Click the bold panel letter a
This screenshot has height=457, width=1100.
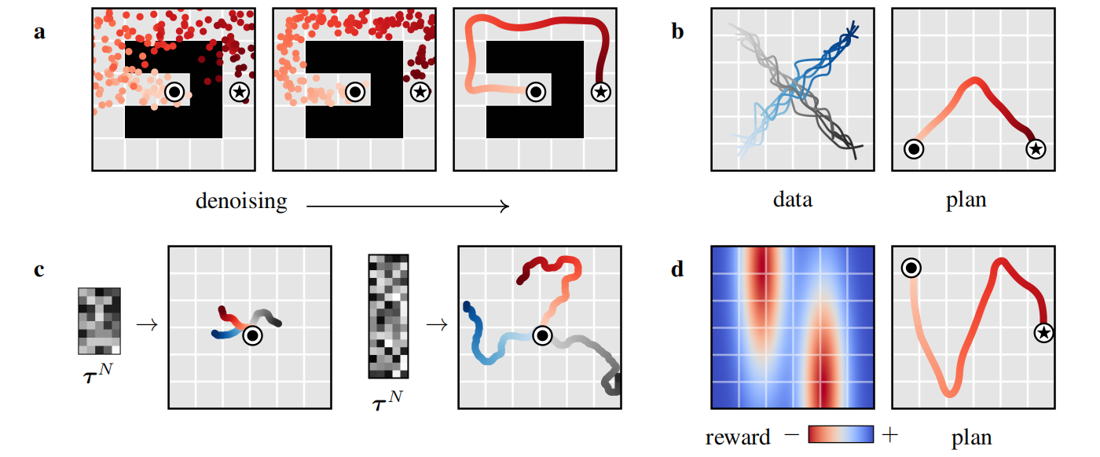pyautogui.click(x=39, y=32)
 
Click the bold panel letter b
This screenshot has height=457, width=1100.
pyautogui.click(x=677, y=31)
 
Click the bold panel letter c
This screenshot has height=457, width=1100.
pyautogui.click(x=39, y=270)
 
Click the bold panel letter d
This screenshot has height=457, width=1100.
pyautogui.click(x=677, y=269)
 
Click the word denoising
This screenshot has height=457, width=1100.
pyautogui.click(x=242, y=201)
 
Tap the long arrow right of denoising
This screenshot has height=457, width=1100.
pyautogui.click(x=408, y=207)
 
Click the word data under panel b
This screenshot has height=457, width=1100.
pyautogui.click(x=793, y=199)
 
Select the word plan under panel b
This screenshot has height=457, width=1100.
pyautogui.click(x=966, y=200)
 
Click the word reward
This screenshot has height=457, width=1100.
pyautogui.click(x=738, y=437)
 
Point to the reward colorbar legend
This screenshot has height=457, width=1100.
pyautogui.click(x=841, y=434)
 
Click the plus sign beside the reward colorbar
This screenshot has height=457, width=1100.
pyautogui.click(x=889, y=434)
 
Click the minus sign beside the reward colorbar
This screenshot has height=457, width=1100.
pyautogui.click(x=792, y=434)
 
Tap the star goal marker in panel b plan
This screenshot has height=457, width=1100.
pyautogui.click(x=1036, y=148)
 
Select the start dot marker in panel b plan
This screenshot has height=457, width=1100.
pyautogui.click(x=914, y=148)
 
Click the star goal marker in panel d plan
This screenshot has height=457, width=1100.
pyautogui.click(x=1043, y=333)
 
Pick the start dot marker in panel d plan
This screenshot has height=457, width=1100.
pyautogui.click(x=911, y=268)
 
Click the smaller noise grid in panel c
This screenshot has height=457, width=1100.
pyautogui.click(x=99, y=321)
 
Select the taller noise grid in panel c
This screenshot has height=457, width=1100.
pyautogui.click(x=388, y=316)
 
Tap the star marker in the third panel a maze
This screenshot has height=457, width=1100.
pyautogui.click(x=600, y=92)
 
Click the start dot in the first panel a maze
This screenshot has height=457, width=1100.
pyautogui.click(x=174, y=92)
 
